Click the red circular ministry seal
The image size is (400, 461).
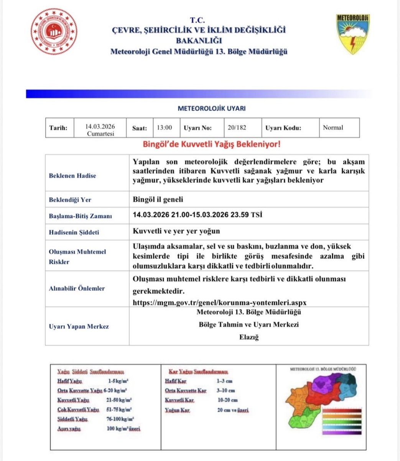coord(54,31)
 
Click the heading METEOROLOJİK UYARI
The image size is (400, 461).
coord(212,109)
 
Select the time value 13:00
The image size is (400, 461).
coord(165,128)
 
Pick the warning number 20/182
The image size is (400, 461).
coord(236,128)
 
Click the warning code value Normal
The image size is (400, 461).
coord(333,128)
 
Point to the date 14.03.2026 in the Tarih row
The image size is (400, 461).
coord(100,126)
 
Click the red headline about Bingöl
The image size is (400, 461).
coord(211,145)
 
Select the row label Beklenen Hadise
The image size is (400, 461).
coord(72,176)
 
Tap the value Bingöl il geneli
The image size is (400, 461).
coord(158,199)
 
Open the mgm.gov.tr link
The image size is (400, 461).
coord(219,302)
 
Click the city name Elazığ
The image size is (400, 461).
coord(249,337)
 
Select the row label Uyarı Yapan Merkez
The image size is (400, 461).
coord(79,327)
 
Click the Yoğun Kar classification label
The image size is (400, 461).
coord(177,410)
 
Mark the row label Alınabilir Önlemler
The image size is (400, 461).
coord(77,288)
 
